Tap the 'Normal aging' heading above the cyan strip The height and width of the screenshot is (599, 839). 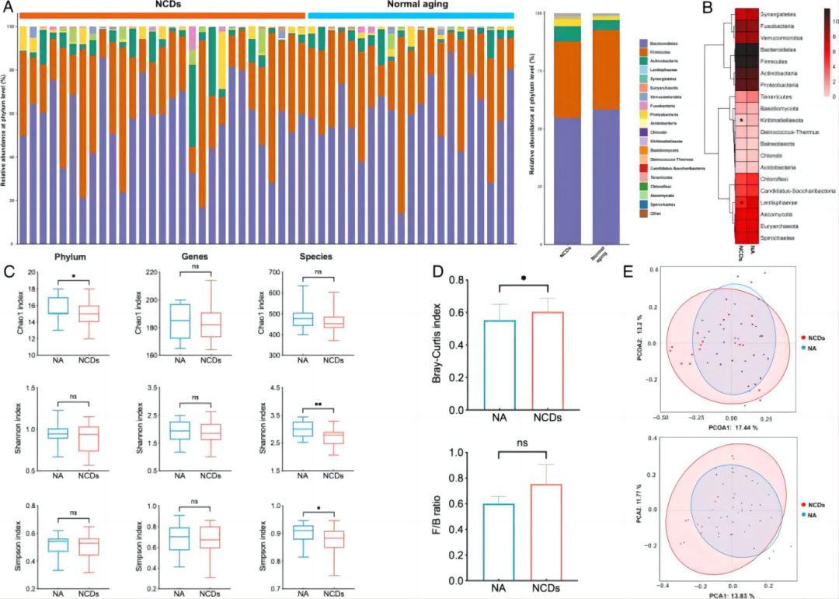click(x=412, y=5)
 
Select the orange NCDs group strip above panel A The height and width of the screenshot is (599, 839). click(x=163, y=16)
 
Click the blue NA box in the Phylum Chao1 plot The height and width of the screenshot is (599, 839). click(x=60, y=306)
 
